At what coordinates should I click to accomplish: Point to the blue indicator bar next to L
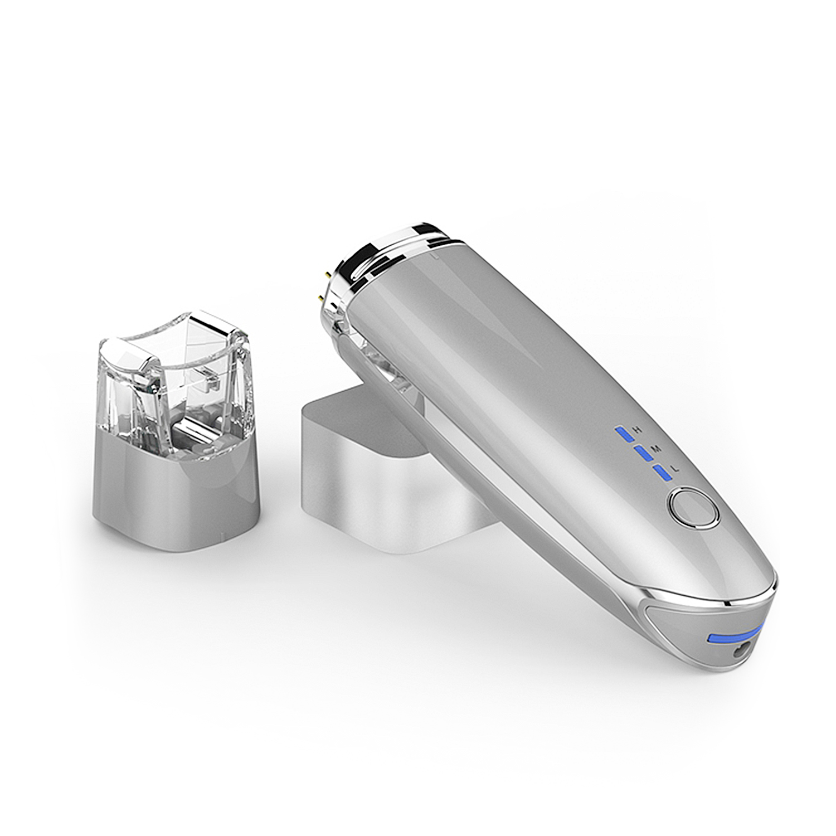click(662, 473)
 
